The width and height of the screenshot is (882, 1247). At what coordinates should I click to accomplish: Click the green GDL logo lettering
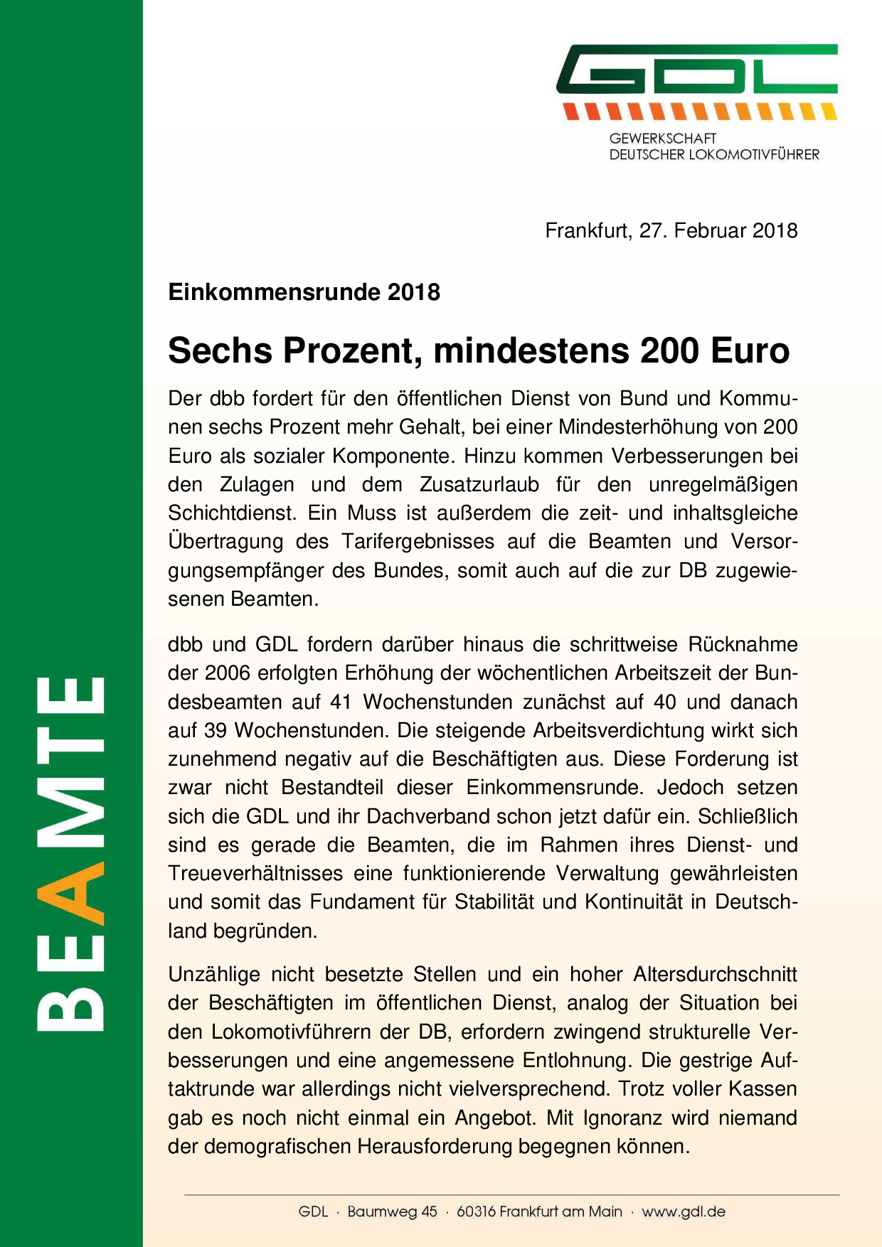coord(697,70)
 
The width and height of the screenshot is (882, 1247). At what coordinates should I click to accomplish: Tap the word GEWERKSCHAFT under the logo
coord(662,139)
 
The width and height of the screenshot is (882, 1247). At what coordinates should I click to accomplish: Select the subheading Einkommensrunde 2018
coord(304,292)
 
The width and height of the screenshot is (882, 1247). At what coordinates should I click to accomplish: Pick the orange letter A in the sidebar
coord(71,893)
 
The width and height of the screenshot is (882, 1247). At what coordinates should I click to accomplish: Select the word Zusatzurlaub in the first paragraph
coord(479,485)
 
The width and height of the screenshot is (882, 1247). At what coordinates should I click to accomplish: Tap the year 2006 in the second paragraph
coord(228,673)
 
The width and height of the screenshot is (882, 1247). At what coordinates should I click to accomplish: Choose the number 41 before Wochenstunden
coord(341,702)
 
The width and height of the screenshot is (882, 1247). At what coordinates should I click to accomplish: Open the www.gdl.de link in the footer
coord(684,1212)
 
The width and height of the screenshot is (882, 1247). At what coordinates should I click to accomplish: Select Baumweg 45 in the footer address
coord(392,1212)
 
